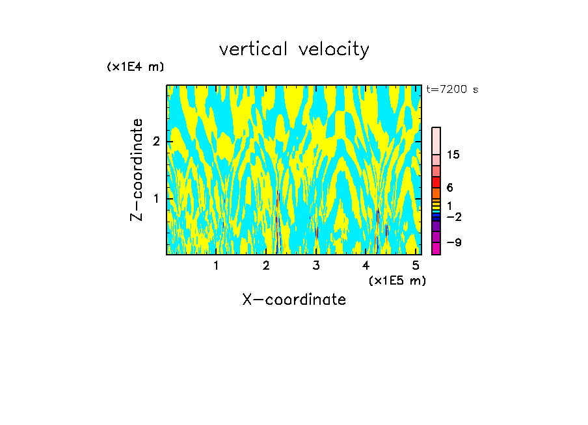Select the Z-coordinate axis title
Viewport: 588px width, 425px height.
point(137,170)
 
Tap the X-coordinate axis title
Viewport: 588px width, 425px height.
point(294,300)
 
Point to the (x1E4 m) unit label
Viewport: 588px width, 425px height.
point(135,67)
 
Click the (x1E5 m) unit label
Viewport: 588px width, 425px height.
point(397,280)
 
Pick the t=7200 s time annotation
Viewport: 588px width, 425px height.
point(452,90)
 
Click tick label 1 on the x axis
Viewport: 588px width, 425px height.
point(216,265)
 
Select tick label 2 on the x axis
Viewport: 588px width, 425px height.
point(266,265)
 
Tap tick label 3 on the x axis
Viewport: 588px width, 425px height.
point(316,265)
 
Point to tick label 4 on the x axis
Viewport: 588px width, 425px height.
point(366,265)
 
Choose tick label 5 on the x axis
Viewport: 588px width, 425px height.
point(416,265)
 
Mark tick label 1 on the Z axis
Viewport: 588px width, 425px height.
point(156,198)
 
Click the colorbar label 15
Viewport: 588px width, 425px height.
point(454,155)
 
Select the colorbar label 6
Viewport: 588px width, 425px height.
point(449,188)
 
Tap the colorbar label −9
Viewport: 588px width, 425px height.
point(453,242)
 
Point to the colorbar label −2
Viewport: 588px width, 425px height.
point(453,217)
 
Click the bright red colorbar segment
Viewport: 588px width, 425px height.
point(436,182)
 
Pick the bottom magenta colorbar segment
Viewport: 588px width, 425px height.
point(436,248)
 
